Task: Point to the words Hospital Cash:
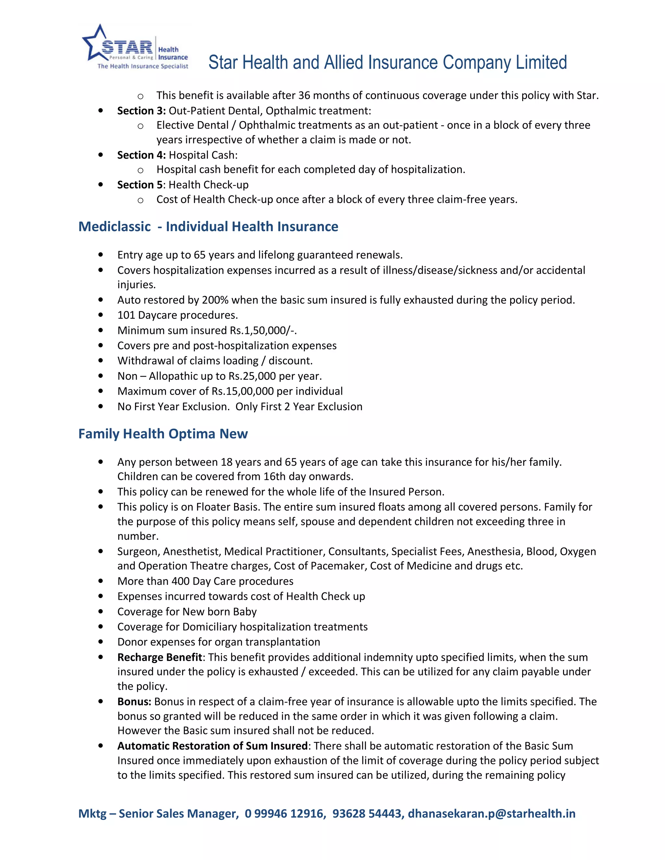203,155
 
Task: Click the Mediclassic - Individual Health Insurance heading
208,227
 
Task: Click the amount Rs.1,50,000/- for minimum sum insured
263,330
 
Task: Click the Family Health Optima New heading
163,434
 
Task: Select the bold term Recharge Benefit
159,657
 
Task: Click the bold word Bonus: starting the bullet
134,702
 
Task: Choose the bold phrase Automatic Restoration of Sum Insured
212,746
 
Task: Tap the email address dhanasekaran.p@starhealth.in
491,814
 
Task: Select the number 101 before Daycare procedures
126,315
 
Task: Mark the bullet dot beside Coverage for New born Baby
101,611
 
